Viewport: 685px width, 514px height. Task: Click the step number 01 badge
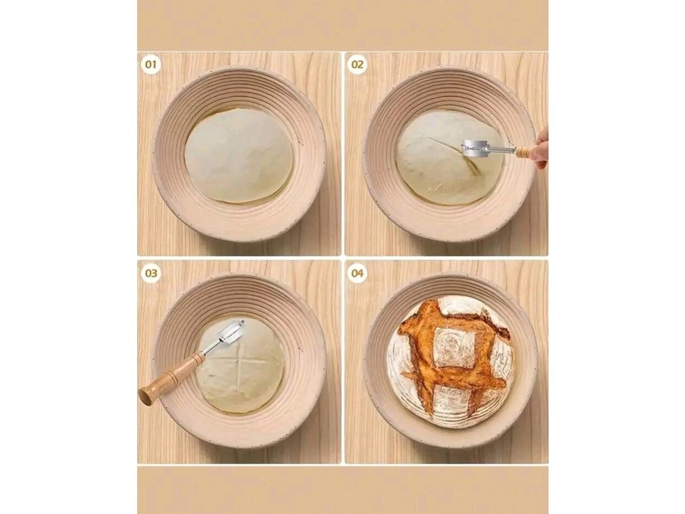tap(151, 65)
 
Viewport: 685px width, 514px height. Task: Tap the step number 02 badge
tap(357, 65)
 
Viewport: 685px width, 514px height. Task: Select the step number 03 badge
tap(151, 274)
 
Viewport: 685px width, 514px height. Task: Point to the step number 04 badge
tap(357, 274)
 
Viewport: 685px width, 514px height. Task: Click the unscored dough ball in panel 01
tap(239, 155)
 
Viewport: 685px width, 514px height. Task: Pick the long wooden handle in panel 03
tap(171, 377)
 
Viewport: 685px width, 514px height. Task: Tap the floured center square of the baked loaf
tap(453, 348)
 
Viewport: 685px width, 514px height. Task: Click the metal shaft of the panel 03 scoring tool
tap(210, 347)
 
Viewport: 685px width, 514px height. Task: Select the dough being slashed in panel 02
tap(450, 157)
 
